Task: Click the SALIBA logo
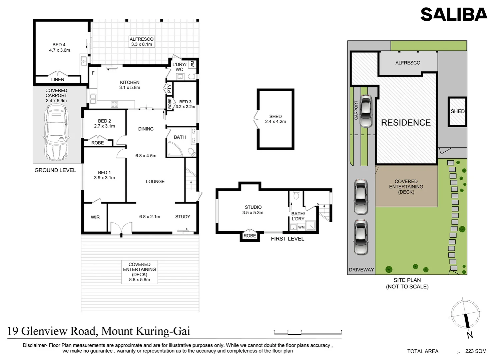[x=454, y=14]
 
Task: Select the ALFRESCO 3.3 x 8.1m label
[x=141, y=42]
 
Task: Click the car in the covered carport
[x=56, y=132]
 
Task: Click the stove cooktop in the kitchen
[x=114, y=104]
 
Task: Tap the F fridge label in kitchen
[x=93, y=73]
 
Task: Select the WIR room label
[x=95, y=217]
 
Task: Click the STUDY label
[x=182, y=217]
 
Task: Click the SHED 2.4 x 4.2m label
[x=276, y=119]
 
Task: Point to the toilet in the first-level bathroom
[x=296, y=195]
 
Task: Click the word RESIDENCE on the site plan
[x=406, y=123]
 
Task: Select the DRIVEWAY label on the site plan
[x=361, y=270]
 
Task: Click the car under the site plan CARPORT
[x=365, y=111]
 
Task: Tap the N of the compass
[x=470, y=335]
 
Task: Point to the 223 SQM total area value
[x=476, y=351]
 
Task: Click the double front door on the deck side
[x=121, y=228]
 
